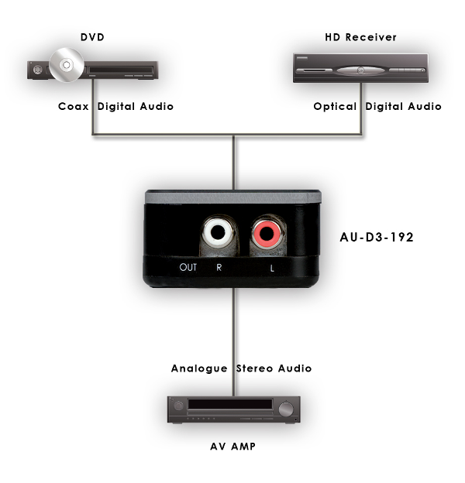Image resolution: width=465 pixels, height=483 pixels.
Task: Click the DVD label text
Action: [x=92, y=37]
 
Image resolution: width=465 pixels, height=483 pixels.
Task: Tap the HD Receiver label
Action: [x=360, y=37]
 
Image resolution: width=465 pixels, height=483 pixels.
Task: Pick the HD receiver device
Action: [x=360, y=69]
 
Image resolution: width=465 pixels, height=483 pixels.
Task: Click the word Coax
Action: [x=74, y=107]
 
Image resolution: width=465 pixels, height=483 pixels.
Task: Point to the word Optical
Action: [x=335, y=107]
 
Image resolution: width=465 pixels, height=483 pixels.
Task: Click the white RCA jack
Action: [x=216, y=231]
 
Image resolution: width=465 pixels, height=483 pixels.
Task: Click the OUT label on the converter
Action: [x=188, y=268]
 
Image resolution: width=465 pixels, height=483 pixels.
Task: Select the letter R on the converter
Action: [x=219, y=268]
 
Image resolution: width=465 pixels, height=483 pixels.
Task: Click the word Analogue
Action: [x=200, y=368]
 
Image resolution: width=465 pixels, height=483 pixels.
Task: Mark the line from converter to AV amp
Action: [x=232, y=325]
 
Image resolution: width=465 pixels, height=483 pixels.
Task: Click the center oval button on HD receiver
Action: [x=360, y=70]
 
